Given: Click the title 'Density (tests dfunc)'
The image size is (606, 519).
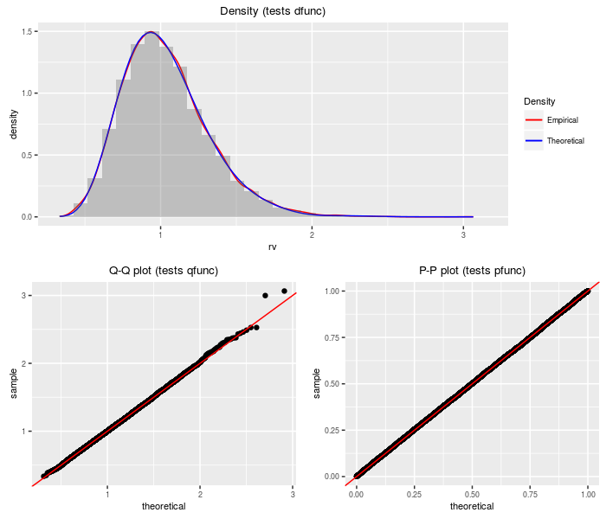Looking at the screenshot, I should point(273,10).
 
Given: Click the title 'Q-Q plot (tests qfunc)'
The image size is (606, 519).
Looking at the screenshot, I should point(164,271).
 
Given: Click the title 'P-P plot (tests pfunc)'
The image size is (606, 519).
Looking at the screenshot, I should point(472,271).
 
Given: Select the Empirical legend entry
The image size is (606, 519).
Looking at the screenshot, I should point(550,120).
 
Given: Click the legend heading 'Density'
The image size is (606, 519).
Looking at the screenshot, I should point(539,101).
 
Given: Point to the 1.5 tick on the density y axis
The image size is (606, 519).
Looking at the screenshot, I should point(29,32).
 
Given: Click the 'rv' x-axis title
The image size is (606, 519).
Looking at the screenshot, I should point(273,247).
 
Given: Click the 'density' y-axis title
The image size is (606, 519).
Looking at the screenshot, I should point(13,124).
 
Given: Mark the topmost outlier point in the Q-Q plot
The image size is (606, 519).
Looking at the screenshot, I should point(284,291).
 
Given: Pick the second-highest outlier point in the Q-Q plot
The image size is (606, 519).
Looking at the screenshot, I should point(265,296).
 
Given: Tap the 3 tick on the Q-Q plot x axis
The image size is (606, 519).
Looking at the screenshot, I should point(293,495).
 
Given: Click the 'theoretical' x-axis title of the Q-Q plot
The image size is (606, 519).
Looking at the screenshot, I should point(164,507).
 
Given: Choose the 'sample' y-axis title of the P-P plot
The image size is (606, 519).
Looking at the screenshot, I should point(316,383).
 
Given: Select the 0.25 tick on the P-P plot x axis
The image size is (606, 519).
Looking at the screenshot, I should point(414,495).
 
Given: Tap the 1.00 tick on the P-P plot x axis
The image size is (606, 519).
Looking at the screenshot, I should point(588,495).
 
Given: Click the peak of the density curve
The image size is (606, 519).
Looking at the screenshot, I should point(151,32).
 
